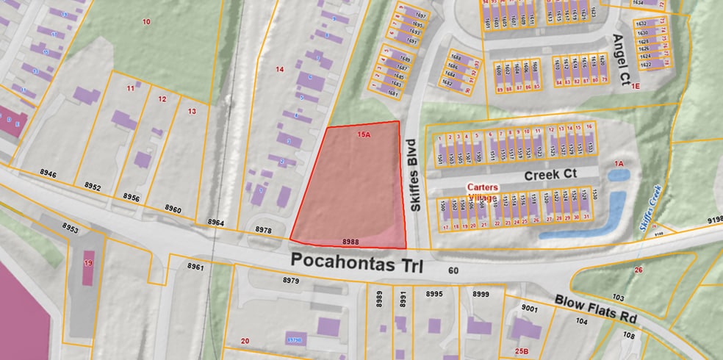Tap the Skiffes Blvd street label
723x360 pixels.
[413, 176]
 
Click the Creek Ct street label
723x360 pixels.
[551, 176]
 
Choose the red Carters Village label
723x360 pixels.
[483, 192]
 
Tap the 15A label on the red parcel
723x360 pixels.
[364, 135]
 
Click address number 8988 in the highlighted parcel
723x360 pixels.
[350, 242]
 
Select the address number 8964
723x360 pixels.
[216, 222]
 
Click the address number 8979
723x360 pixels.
[291, 280]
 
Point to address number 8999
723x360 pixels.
[481, 294]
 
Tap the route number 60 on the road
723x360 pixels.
[453, 271]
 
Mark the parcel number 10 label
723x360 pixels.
[146, 22]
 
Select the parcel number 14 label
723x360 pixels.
[279, 69]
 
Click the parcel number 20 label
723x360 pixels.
[245, 340]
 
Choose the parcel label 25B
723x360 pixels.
[522, 351]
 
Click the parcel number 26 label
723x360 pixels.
[639, 270]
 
